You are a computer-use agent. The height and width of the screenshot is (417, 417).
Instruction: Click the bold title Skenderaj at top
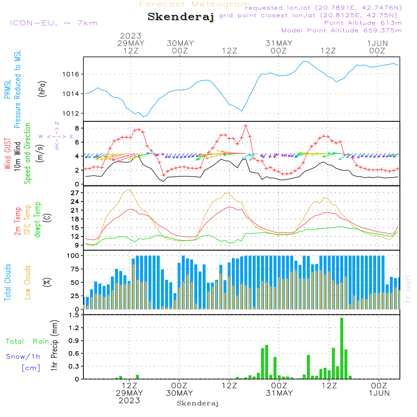pyautogui.click(x=181, y=17)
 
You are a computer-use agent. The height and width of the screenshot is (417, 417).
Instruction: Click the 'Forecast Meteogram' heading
pyautogui.click(x=194, y=4)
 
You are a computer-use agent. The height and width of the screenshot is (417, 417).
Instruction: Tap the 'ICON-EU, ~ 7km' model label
pyautogui.click(x=53, y=23)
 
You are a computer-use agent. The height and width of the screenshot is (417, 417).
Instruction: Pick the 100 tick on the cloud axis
pyautogui.click(x=74, y=256)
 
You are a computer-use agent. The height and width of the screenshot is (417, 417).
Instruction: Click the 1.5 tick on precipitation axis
pyautogui.click(x=75, y=315)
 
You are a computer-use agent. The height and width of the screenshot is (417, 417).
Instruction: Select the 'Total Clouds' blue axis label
pyautogui.click(x=8, y=282)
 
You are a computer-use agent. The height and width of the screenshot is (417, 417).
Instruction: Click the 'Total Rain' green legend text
pyautogui.click(x=28, y=342)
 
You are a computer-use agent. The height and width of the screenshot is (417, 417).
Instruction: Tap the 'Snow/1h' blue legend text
pyautogui.click(x=23, y=357)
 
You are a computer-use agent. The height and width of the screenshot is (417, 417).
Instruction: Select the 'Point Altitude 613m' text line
pyautogui.click(x=363, y=23)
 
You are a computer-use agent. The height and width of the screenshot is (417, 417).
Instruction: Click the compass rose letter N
pyautogui.click(x=57, y=123)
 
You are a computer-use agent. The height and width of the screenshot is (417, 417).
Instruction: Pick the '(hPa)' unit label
pyautogui.click(x=42, y=88)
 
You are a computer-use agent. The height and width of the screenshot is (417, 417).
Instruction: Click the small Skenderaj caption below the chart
pyautogui.click(x=198, y=403)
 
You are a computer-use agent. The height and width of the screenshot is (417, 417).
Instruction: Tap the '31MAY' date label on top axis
pyautogui.click(x=279, y=43)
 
